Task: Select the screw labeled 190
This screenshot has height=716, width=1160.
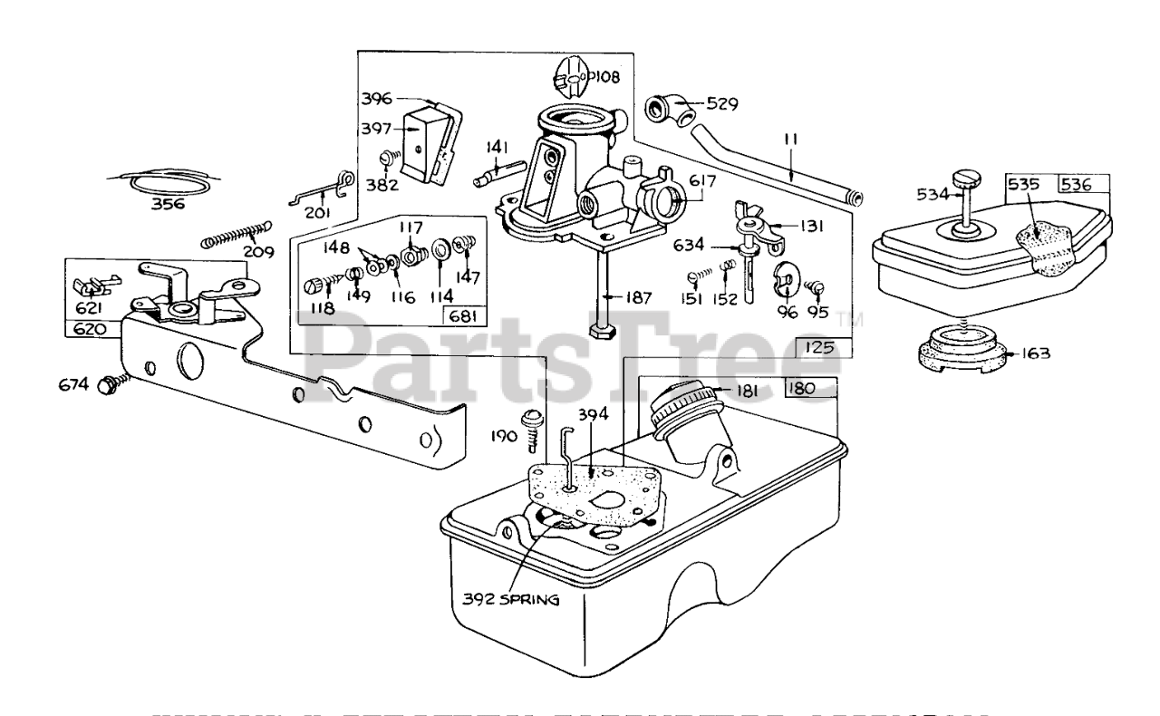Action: click(x=531, y=423)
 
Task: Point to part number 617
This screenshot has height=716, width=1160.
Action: click(x=701, y=181)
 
